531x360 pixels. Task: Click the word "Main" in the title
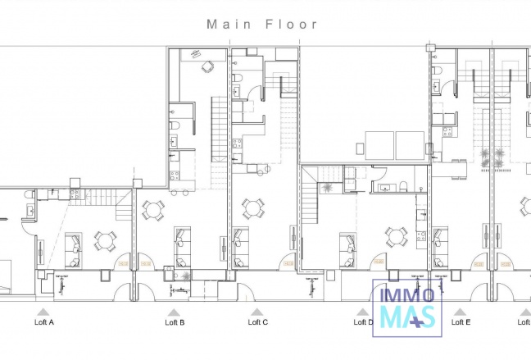(225, 25)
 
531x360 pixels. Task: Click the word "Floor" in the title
(290, 25)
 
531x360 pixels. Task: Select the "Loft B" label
(175, 323)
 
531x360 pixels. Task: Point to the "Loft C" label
(257, 323)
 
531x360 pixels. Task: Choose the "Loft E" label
(461, 323)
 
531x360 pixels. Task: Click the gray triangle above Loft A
(42, 312)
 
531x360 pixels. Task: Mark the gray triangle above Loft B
(174, 312)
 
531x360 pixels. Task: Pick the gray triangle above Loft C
(256, 312)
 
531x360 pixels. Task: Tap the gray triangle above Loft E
(461, 312)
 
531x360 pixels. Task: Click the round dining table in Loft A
(105, 240)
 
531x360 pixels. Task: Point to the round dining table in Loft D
(397, 238)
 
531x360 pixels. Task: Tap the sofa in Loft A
(73, 249)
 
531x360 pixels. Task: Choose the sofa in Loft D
(347, 249)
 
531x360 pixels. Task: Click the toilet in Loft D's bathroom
(405, 185)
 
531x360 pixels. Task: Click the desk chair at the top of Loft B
(205, 67)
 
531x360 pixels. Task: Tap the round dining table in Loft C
(252, 208)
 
